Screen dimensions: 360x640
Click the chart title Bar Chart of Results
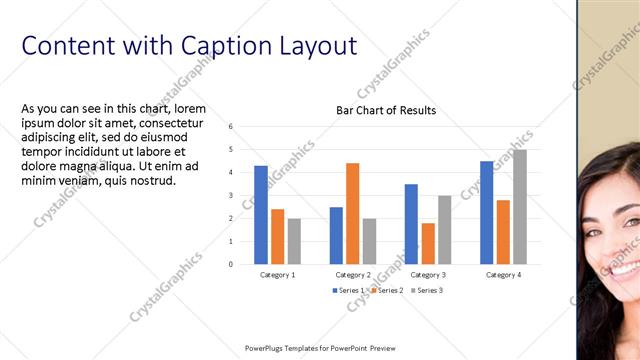[x=385, y=110]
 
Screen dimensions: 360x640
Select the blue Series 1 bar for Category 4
[x=486, y=212]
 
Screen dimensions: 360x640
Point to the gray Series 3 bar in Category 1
[x=294, y=241]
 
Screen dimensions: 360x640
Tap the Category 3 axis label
[x=428, y=274]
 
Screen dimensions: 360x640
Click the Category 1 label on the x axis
[x=277, y=274]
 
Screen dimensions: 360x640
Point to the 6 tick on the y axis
[x=231, y=127]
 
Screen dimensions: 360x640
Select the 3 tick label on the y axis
[x=231, y=196]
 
